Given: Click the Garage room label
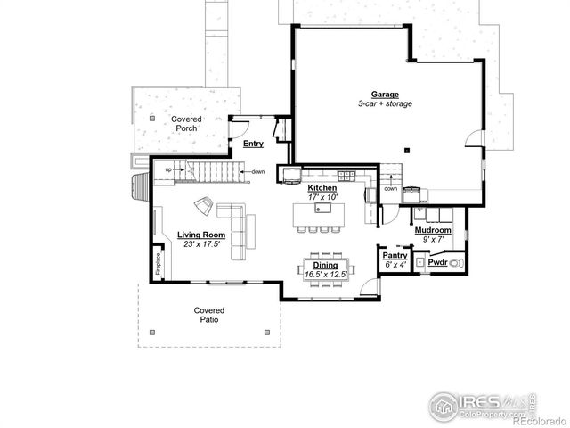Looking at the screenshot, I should tap(385, 94).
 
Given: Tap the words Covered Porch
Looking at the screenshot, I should tap(186, 123).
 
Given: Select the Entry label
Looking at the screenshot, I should tap(253, 144).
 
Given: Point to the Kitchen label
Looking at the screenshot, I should tap(322, 188).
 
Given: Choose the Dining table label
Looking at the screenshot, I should tap(324, 265).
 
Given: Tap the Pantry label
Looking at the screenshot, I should tap(395, 255).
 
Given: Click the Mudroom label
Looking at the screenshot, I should tap(433, 230).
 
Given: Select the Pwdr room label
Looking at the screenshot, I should tap(436, 263).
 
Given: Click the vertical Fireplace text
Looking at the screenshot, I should tap(158, 263).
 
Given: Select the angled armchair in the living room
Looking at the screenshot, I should tap(204, 206).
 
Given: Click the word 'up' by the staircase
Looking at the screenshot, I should tap(167, 169).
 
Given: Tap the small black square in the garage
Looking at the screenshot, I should tap(405, 150).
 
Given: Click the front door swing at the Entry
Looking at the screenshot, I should tap(239, 126).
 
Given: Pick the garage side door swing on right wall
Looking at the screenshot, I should tap(473, 139).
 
